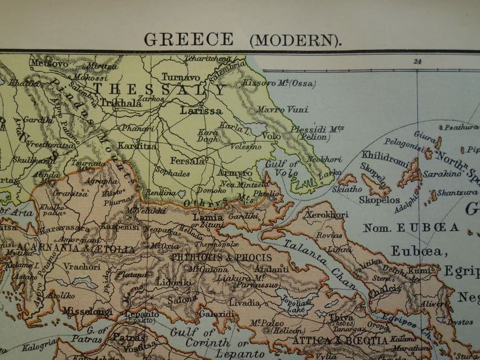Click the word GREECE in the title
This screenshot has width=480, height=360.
[x=189, y=39]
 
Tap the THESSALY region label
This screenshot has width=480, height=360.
[x=159, y=89]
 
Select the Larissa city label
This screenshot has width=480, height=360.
[x=201, y=111]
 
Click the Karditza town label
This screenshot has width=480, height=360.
[x=138, y=146]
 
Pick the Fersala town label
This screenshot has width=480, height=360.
[x=187, y=161]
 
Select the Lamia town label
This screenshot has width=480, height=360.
[x=208, y=217]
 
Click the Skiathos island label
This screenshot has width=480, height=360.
[x=348, y=188]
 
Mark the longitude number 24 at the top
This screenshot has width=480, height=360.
[x=417, y=61]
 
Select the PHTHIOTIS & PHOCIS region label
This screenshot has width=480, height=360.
[x=221, y=257]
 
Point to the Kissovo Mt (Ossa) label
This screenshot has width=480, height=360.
[x=279, y=83]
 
